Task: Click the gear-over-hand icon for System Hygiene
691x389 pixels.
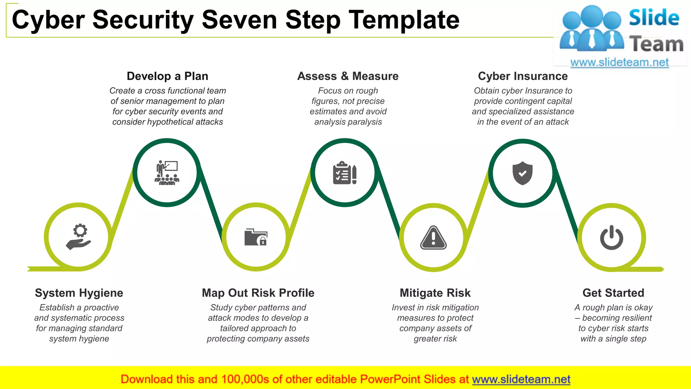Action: [79, 237]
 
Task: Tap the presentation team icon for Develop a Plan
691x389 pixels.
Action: [167, 173]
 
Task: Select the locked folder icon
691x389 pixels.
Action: [256, 237]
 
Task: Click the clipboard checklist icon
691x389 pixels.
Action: [344, 173]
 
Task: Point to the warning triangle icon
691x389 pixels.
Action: [434, 237]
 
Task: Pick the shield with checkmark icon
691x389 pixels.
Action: [522, 173]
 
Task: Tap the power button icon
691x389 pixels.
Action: [611, 238]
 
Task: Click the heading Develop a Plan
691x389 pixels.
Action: [167, 76]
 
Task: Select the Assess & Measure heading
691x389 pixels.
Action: [348, 76]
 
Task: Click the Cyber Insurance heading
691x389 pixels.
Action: [523, 76]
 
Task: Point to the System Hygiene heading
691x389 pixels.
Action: [79, 293]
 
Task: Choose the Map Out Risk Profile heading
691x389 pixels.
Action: [258, 293]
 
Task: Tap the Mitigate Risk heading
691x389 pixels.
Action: [435, 293]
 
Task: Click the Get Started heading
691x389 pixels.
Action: [613, 293]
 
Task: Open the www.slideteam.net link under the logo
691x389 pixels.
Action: [619, 62]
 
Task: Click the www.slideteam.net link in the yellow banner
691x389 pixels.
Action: [521, 380]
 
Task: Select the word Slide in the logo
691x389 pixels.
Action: [654, 18]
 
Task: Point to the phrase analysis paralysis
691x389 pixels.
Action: [348, 122]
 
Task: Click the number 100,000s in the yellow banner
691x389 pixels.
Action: [245, 380]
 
